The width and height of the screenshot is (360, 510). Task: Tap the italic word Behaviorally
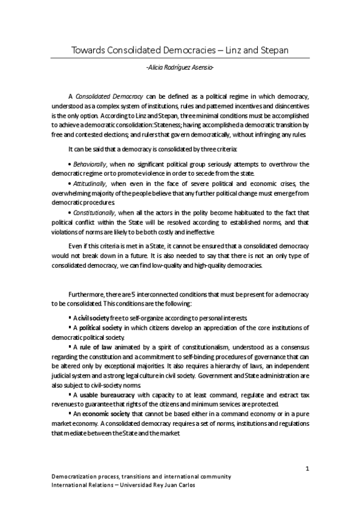coord(90,164)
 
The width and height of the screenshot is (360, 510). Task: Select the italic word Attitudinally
coord(91,183)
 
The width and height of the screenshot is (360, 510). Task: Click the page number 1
coord(307,469)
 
